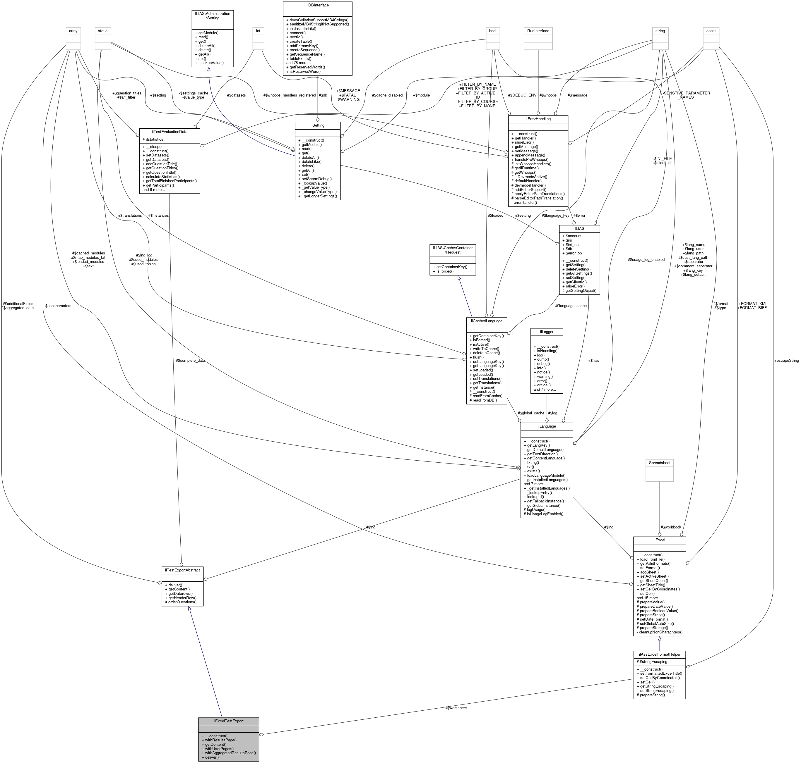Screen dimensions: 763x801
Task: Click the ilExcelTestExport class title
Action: point(228,721)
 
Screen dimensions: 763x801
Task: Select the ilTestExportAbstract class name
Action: point(182,571)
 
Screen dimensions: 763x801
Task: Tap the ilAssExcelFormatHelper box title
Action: point(659,654)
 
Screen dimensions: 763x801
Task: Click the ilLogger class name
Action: point(547,332)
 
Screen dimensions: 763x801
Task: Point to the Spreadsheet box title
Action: point(659,463)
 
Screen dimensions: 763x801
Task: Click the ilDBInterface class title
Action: point(317,5)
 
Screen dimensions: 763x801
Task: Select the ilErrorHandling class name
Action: point(538,119)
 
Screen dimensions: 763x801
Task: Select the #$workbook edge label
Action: point(670,527)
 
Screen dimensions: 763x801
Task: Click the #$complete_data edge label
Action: point(190,360)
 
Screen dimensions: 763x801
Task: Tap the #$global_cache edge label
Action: point(530,413)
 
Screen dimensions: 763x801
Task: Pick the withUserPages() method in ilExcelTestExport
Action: point(219,748)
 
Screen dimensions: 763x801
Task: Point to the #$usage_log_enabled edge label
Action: point(646,259)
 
